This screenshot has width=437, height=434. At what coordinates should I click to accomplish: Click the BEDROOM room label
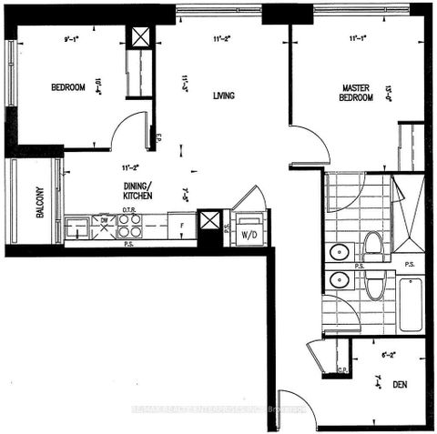[67, 87]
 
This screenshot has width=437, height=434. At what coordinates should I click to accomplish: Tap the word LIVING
[225, 95]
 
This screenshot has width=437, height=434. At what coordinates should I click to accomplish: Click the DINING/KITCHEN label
[133, 191]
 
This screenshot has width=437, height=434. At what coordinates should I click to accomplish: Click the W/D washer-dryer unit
[247, 232]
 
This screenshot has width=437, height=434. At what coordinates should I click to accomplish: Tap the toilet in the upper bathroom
[371, 243]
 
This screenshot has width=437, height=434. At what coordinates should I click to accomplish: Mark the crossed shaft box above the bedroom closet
[141, 38]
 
